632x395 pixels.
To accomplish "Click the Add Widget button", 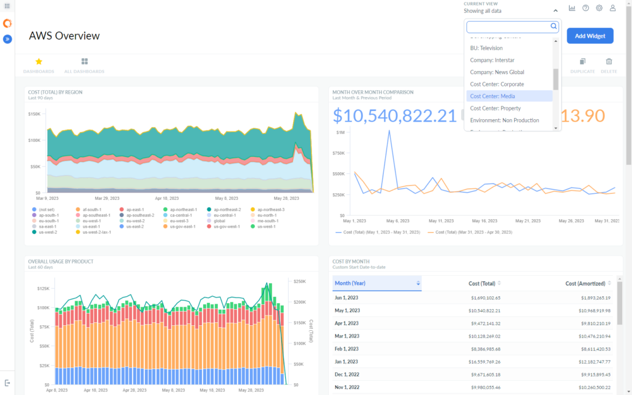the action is coord(589,36).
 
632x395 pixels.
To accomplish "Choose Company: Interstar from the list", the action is coord(492,60).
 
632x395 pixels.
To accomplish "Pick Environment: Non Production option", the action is coord(504,120).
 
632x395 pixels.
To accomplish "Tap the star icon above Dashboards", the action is coord(38,62).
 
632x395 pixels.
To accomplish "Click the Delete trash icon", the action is coord(609,62).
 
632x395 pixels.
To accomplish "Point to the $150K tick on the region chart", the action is coord(34,114).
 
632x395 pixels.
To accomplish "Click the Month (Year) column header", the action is coord(349,283).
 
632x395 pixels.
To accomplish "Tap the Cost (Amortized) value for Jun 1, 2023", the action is coord(588,297).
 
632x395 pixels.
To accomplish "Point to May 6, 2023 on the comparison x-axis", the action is coord(397,220).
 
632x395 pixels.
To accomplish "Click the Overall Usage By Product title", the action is coord(60,262).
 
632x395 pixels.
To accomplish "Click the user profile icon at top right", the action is coord(612,8).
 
